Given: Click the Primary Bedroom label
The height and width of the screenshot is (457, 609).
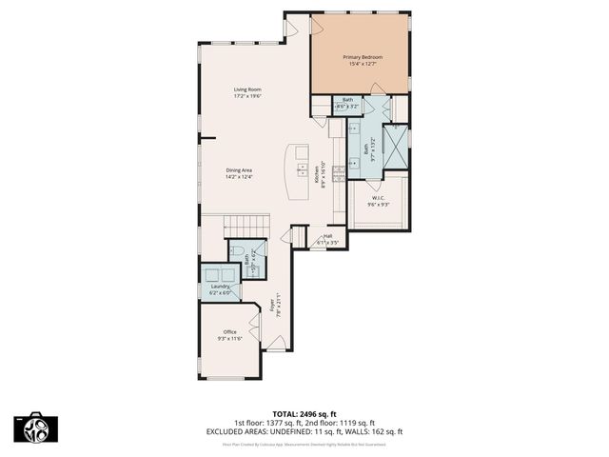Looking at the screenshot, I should [x=363, y=57].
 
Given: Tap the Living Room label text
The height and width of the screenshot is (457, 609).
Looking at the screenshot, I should [x=247, y=89].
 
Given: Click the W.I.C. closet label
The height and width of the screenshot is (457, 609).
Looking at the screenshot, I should [x=378, y=199].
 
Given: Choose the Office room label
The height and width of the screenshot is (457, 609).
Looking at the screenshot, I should [x=230, y=331].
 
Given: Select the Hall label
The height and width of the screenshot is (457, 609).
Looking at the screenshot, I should [x=327, y=236].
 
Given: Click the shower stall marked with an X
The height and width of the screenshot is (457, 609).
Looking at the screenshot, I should [x=395, y=140].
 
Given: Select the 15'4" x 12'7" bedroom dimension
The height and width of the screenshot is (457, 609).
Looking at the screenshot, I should [x=363, y=65].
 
